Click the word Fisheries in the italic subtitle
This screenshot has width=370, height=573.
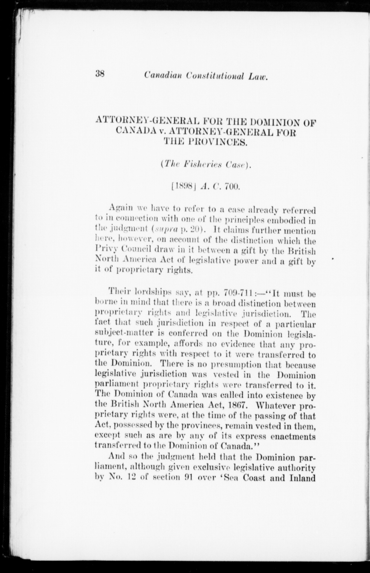(204, 165)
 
